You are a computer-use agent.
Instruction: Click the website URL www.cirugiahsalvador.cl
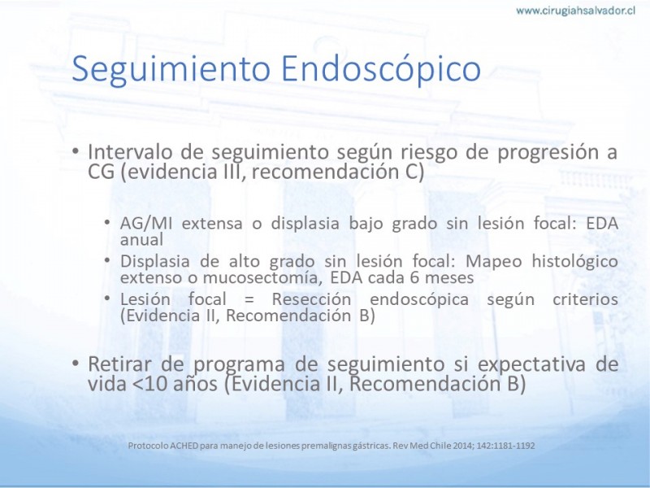pos(576,11)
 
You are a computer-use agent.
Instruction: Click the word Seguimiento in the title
pos(171,69)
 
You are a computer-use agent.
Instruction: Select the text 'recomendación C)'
pos(338,172)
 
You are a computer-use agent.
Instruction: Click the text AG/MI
pos(146,224)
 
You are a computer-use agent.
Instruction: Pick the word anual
pos(141,239)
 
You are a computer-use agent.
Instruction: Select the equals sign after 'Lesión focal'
pos(249,299)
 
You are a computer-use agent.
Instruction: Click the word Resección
pos(311,299)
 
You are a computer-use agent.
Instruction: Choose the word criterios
pos(585,299)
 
